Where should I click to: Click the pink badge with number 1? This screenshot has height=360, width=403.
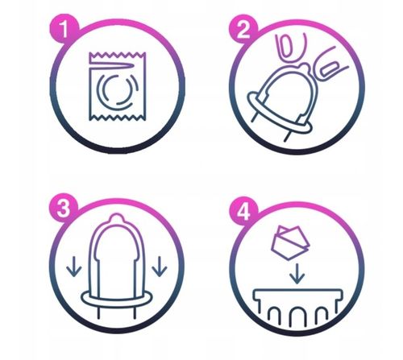tap(64, 29)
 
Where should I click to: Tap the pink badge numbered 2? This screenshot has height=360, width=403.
tap(243, 29)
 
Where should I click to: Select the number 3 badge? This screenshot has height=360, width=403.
tap(64, 209)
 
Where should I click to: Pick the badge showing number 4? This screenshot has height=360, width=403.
tap(243, 212)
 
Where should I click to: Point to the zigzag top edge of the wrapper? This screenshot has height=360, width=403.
tap(118, 56)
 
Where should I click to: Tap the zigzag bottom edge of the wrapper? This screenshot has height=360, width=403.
tap(118, 118)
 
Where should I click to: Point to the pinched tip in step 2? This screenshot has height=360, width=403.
tap(305, 67)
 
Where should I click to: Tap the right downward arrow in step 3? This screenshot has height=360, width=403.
tap(160, 267)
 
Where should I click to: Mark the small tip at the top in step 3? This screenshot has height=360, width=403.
tap(117, 217)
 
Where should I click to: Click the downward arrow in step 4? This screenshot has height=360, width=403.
tap(297, 274)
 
